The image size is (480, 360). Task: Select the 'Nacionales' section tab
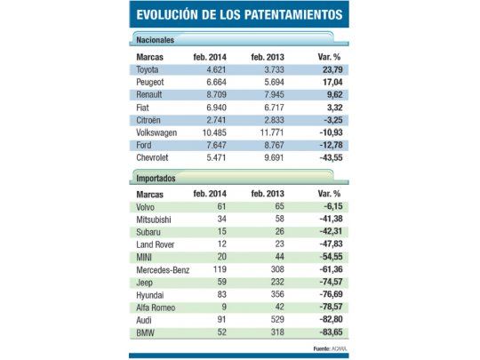tap(156, 40)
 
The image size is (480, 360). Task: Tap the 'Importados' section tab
tap(156, 178)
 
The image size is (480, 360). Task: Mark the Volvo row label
tap(149, 204)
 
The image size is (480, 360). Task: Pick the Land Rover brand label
tap(158, 241)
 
